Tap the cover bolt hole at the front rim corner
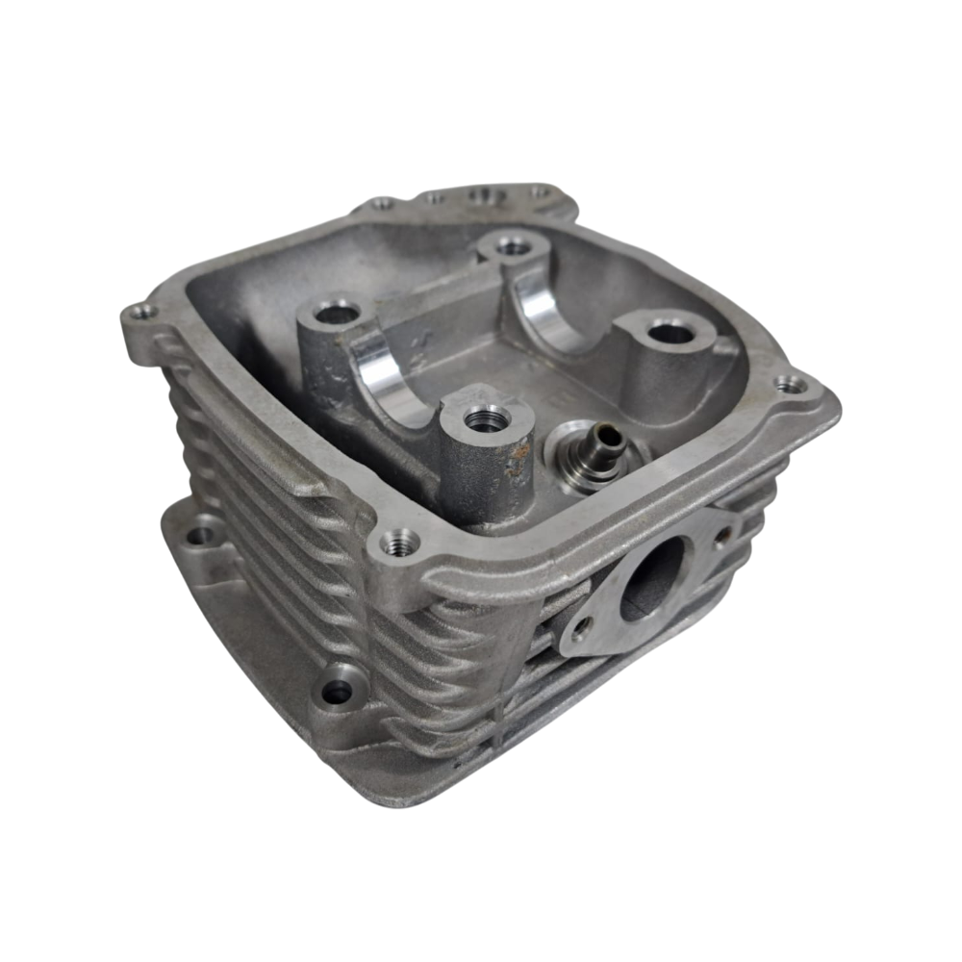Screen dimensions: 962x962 [x=396, y=544]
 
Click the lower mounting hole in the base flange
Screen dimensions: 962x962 [x=336, y=689]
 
